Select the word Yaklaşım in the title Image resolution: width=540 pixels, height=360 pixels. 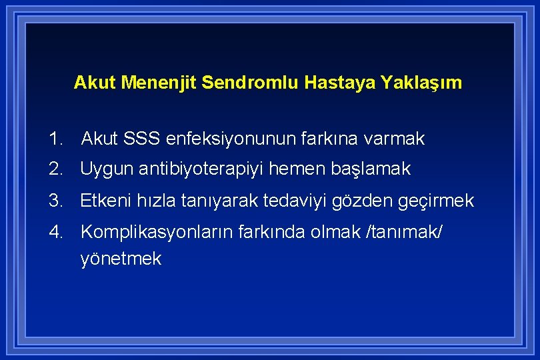click(x=421, y=83)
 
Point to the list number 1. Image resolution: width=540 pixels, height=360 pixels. click(x=55, y=139)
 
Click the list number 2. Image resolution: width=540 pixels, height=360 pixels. click(x=55, y=170)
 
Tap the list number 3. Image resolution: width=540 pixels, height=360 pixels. click(x=55, y=201)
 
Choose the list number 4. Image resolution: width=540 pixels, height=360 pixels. click(x=55, y=231)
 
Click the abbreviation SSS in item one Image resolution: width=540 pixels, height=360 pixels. click(x=141, y=139)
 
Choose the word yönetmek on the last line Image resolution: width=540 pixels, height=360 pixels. click(x=121, y=259)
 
